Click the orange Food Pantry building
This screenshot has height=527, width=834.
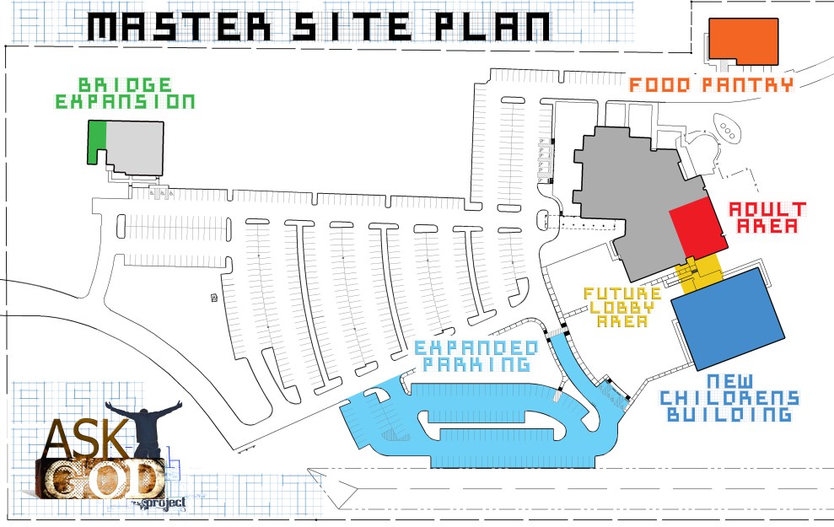click(743, 40)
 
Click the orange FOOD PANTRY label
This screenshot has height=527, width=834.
click(711, 84)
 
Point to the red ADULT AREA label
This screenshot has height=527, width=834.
click(767, 218)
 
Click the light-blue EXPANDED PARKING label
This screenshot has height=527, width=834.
click(476, 356)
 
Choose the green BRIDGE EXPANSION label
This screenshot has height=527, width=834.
click(125, 94)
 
